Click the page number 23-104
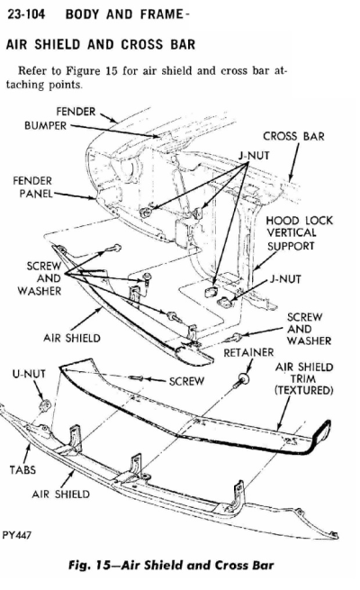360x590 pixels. (x=26, y=14)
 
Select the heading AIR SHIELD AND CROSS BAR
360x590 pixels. (x=101, y=44)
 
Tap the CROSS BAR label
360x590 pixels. (x=293, y=136)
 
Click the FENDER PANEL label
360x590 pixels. (x=32, y=187)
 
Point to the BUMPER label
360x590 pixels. (x=45, y=125)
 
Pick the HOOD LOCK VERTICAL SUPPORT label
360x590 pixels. (x=299, y=233)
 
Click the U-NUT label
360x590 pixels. (x=29, y=374)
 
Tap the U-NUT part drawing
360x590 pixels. (x=46, y=405)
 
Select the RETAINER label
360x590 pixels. (x=248, y=352)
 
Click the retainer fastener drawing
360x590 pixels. (x=241, y=381)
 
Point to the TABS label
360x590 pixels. (x=22, y=469)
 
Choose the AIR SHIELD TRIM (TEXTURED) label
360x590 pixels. (x=304, y=378)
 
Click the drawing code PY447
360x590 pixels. (x=16, y=535)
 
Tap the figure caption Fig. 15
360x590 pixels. (x=171, y=565)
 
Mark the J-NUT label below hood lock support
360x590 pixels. (x=285, y=279)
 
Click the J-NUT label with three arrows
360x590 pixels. (x=254, y=156)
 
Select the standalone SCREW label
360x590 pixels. (x=186, y=381)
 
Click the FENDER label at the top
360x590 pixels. (x=76, y=112)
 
